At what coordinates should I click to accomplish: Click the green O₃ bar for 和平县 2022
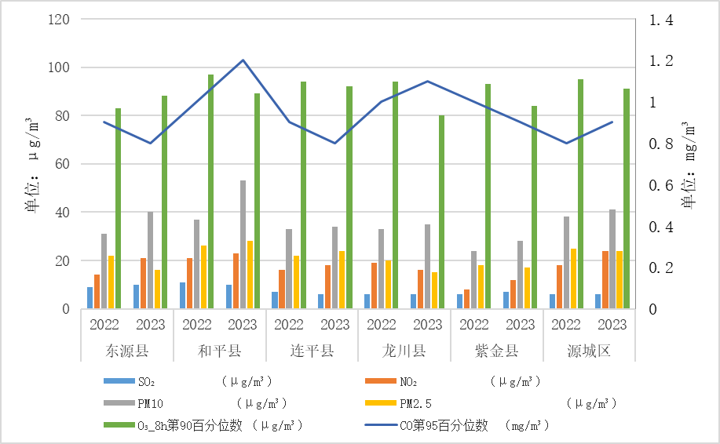click(x=210, y=191)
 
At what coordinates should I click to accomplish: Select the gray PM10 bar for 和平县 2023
click(x=243, y=245)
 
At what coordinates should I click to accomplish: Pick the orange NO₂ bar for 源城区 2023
click(x=605, y=280)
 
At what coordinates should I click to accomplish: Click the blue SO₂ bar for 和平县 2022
click(x=182, y=296)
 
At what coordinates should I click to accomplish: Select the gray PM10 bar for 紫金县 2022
click(x=473, y=280)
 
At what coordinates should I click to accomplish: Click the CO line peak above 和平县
click(x=243, y=60)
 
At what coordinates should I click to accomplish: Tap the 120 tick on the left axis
click(x=59, y=19)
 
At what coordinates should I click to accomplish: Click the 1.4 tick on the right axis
click(x=660, y=20)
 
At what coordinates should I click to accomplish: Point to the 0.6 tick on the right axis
click(x=660, y=185)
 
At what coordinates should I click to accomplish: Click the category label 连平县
click(x=312, y=351)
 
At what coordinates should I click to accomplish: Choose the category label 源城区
click(x=589, y=351)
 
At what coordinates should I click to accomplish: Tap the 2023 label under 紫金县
click(x=520, y=324)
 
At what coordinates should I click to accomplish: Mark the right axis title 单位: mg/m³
click(x=689, y=165)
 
